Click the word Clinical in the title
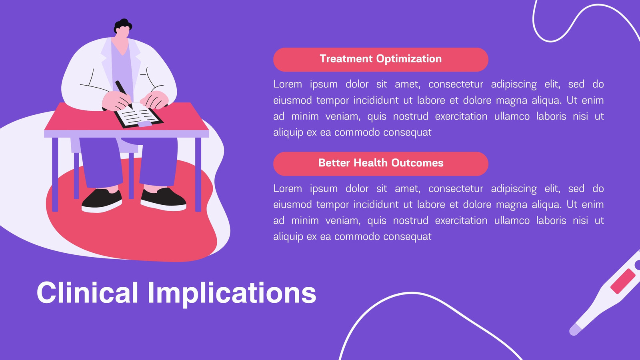pos(88,292)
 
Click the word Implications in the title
pos(232,294)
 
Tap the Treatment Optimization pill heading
pos(380,60)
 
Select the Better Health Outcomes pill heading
pos(380,164)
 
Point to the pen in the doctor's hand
pos(124,94)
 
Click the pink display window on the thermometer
pos(622,281)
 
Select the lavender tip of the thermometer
pos(575,330)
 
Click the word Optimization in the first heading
pos(409,59)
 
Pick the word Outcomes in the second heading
pos(417,163)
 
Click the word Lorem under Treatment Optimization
pos(288,84)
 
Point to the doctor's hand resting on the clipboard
pos(154,100)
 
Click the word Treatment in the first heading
pos(346,58)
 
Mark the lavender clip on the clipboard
pos(145,124)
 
